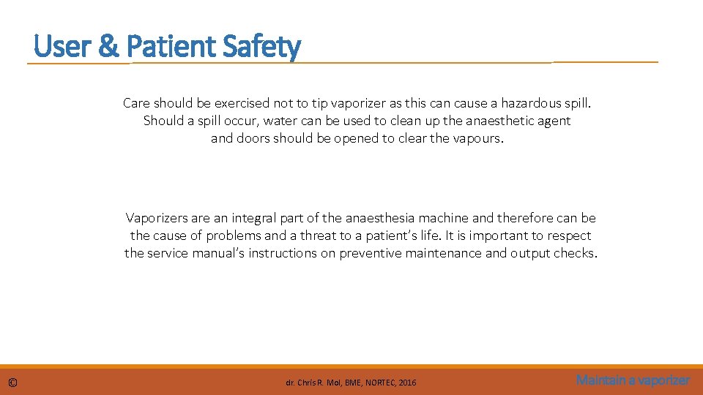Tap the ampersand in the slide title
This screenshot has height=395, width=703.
click(x=108, y=47)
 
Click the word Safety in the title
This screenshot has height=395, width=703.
click(x=261, y=47)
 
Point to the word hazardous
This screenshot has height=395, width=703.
click(x=530, y=103)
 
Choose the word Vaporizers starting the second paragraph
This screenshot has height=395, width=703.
click(x=157, y=218)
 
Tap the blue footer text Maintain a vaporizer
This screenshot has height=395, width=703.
click(x=633, y=380)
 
